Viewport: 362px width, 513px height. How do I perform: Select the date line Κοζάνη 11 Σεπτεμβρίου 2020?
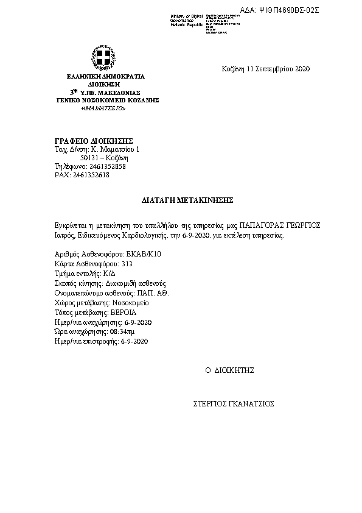click(x=266, y=69)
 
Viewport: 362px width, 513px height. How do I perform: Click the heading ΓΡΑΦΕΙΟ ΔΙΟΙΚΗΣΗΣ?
click(x=85, y=141)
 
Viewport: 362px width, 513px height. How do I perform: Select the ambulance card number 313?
click(x=127, y=264)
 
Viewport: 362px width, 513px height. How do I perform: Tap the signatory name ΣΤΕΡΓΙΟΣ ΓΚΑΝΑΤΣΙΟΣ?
click(x=234, y=403)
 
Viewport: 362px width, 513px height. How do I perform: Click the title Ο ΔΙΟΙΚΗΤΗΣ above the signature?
click(x=229, y=370)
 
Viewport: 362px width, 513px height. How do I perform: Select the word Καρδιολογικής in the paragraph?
click(x=137, y=235)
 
